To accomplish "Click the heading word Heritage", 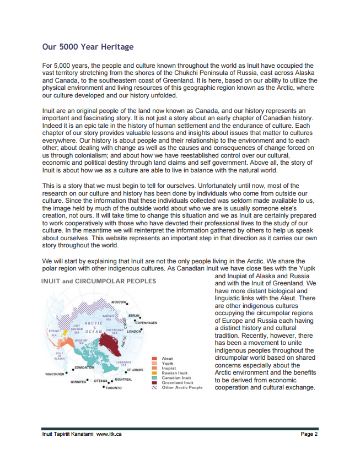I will click(x=114, y=47).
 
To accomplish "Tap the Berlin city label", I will click(x=132, y=316).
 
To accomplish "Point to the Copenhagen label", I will click(x=146, y=322).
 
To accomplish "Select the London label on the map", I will click(x=134, y=332).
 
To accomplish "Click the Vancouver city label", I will click(x=55, y=374).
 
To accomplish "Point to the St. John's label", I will click(x=135, y=370).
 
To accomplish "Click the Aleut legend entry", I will click(x=167, y=359).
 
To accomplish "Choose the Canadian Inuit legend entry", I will click(x=176, y=378).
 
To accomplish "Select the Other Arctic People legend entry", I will click(x=181, y=387).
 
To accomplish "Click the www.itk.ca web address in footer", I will click(x=109, y=434).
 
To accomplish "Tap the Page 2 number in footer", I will click(x=309, y=434).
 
